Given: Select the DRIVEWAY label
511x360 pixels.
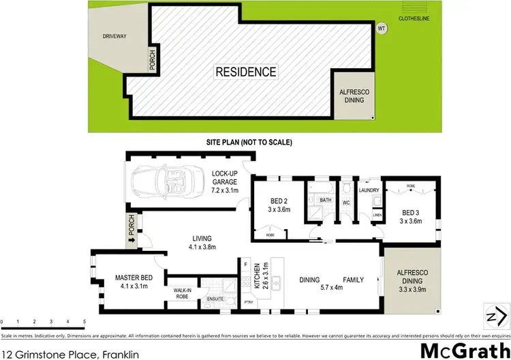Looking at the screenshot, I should point(115,37).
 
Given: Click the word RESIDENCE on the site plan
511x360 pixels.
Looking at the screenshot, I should point(246,72).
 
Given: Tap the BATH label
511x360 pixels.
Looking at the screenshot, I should point(324,200).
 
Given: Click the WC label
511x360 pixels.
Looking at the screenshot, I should point(347,203).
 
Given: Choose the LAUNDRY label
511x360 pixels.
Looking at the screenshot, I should point(369,190).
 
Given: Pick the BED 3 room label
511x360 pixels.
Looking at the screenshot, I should point(412,212).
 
